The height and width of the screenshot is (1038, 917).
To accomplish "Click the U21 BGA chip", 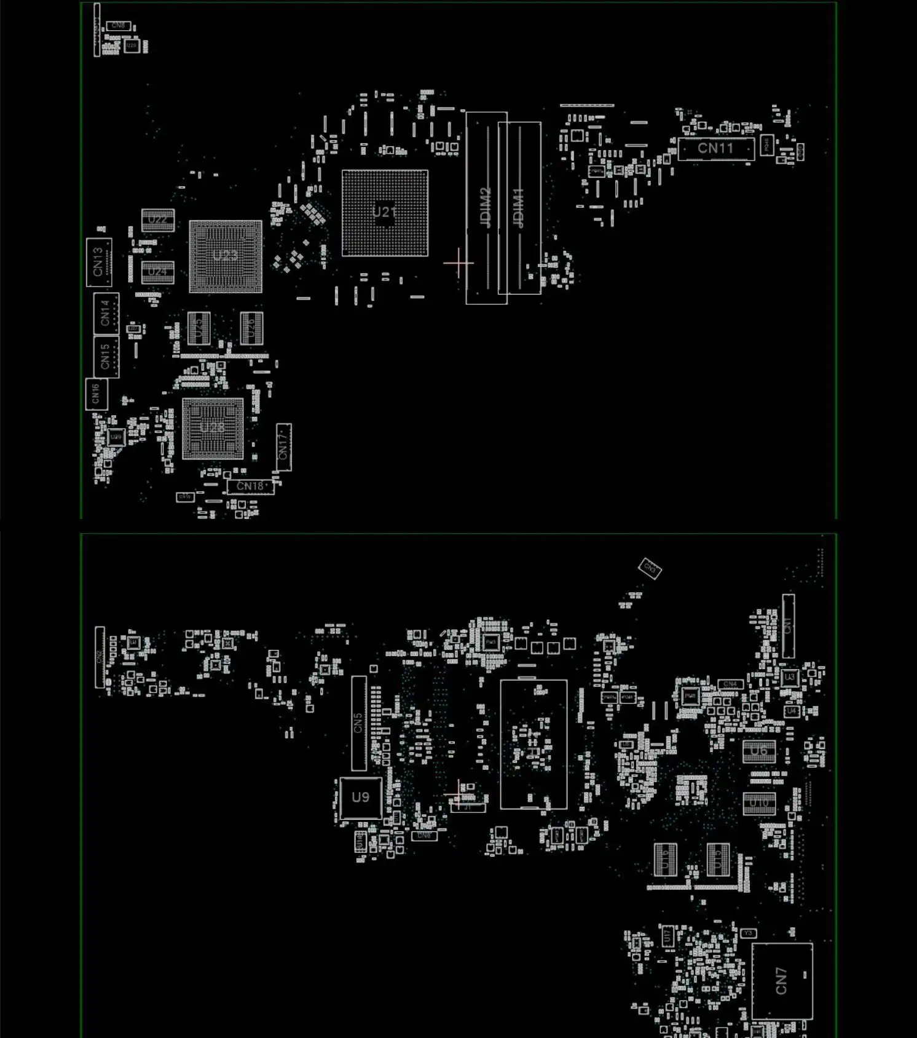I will point(385,213).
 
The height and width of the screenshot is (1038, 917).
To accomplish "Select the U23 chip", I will point(226,256).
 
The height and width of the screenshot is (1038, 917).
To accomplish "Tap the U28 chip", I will point(213,428).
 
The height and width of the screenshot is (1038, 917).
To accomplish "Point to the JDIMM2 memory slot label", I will point(486,208).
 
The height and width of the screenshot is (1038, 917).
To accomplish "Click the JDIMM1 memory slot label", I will point(519,208).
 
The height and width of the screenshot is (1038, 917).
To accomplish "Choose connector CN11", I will point(715,149).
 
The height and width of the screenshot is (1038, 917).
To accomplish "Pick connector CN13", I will point(98,262).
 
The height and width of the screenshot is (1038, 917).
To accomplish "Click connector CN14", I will point(106,313).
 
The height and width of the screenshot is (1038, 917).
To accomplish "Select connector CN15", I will point(106,357).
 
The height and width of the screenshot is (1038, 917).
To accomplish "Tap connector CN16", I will point(96,394).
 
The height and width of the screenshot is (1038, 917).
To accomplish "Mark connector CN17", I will point(283,447).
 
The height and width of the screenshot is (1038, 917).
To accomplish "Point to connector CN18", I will point(250,486).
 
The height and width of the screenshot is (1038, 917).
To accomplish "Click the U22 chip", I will point(158,220).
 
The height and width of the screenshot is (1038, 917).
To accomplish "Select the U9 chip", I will point(360,798).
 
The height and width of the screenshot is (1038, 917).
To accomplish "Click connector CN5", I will point(358,723).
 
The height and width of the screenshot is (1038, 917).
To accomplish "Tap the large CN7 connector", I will point(782,981).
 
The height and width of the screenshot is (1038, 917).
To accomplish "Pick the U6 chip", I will point(759,751).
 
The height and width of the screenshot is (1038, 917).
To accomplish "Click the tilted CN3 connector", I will point(650,568).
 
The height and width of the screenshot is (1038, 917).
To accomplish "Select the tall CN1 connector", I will point(788,626).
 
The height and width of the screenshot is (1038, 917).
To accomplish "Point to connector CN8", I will point(118,26).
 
